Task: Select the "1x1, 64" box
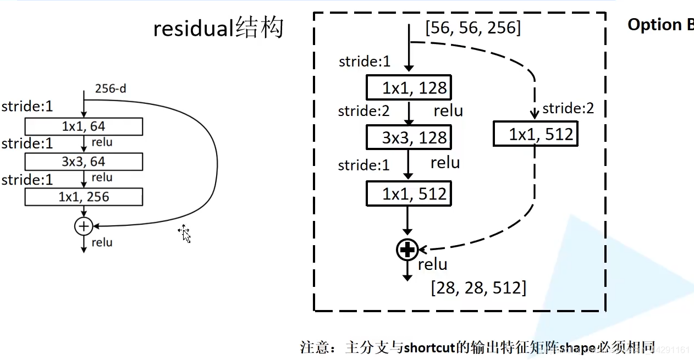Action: [x=84, y=126]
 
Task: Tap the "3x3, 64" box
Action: [x=84, y=162]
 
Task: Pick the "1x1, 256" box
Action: [x=84, y=197]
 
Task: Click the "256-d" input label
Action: [x=111, y=88]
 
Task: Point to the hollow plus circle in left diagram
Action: [x=84, y=225]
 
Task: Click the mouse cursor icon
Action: [x=185, y=234]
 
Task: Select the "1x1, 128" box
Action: [x=409, y=88]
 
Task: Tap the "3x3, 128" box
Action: [x=409, y=137]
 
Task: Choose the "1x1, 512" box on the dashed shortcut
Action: [x=535, y=134]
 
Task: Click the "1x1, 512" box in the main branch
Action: [x=409, y=193]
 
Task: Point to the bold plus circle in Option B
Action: [x=407, y=250]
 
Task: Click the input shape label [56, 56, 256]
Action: [x=473, y=27]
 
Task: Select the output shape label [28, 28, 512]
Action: [x=478, y=287]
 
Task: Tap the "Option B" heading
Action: [x=660, y=25]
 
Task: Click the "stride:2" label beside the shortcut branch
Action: [x=568, y=108]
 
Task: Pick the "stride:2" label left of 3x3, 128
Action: [x=363, y=111]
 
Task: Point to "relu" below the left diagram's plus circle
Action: [x=102, y=242]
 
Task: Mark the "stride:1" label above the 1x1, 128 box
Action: [x=365, y=62]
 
